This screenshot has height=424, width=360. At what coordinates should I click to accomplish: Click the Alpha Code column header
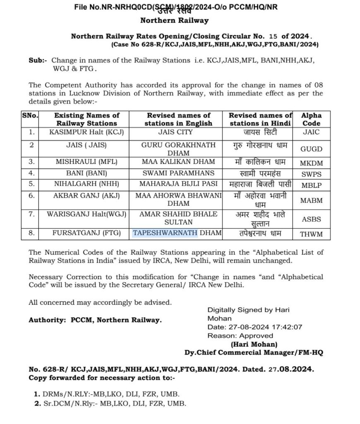pyautogui.click(x=311, y=119)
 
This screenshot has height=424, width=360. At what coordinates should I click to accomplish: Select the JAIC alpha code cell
pyautogui.click(x=311, y=133)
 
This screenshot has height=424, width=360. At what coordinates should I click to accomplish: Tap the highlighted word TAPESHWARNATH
pyautogui.click(x=165, y=234)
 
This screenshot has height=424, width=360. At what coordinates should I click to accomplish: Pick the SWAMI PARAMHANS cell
pyautogui.click(x=178, y=173)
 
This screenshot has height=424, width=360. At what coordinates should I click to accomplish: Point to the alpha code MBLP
pyautogui.click(x=311, y=185)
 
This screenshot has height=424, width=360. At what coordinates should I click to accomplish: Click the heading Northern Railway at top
pyautogui.click(x=174, y=20)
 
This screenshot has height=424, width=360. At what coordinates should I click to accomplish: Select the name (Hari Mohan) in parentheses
pyautogui.click(x=254, y=344)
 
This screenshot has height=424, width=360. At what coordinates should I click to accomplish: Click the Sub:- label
pyautogui.click(x=38, y=60)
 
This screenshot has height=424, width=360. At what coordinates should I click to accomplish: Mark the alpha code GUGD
pyautogui.click(x=311, y=149)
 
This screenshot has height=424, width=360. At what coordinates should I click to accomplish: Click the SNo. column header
pyautogui.click(x=30, y=116)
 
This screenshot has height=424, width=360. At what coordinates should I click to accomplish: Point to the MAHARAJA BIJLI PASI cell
pyautogui.click(x=178, y=185)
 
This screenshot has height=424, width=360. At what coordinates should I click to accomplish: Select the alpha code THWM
pyautogui.click(x=311, y=234)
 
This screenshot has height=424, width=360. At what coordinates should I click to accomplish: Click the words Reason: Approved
pyautogui.click(x=240, y=336)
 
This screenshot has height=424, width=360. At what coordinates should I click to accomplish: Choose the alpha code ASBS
pyautogui.click(x=311, y=219)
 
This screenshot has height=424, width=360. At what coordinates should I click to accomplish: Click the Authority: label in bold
pyautogui.click(x=45, y=320)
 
